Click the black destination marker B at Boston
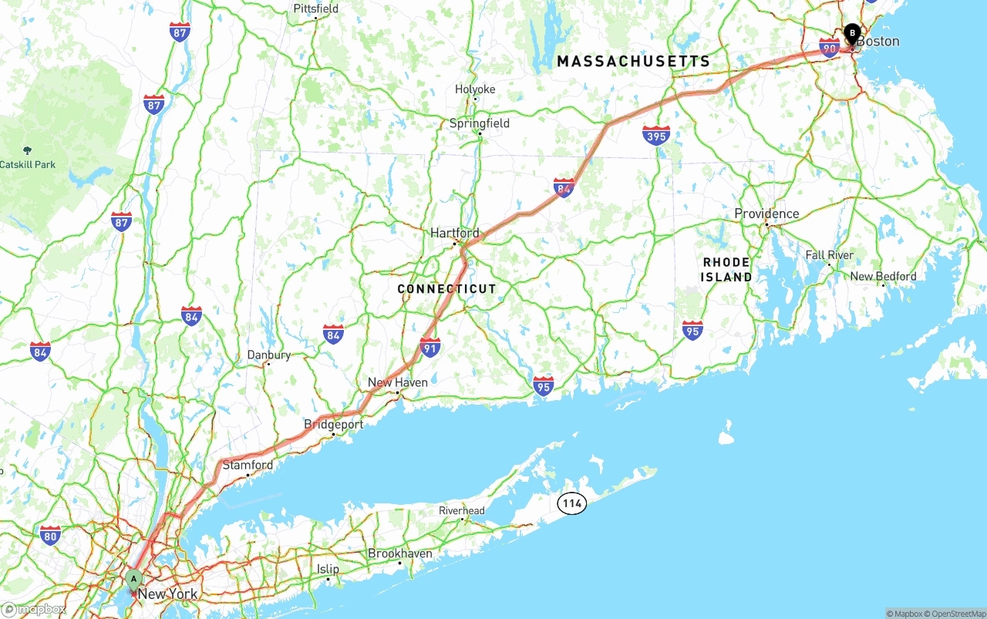pos(852,33)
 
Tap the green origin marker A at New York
pos(133,579)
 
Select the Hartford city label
pos(454,233)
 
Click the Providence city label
pos(766,214)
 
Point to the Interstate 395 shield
pos(655,135)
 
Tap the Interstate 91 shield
pos(430,347)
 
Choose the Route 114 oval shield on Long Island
pos(571,504)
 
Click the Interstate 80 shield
pos(50,535)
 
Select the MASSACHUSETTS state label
pos(633,61)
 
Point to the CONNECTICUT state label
pos(447,289)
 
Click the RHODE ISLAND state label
pos(726,269)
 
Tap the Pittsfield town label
pos(315,9)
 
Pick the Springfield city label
pos(480,123)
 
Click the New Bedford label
pos(883,276)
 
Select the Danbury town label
pos(269,355)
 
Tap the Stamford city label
pos(248,465)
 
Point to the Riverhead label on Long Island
pos(462,510)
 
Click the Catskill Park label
pos(28,164)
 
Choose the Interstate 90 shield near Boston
pos(830,48)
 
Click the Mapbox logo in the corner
pos(34,610)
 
